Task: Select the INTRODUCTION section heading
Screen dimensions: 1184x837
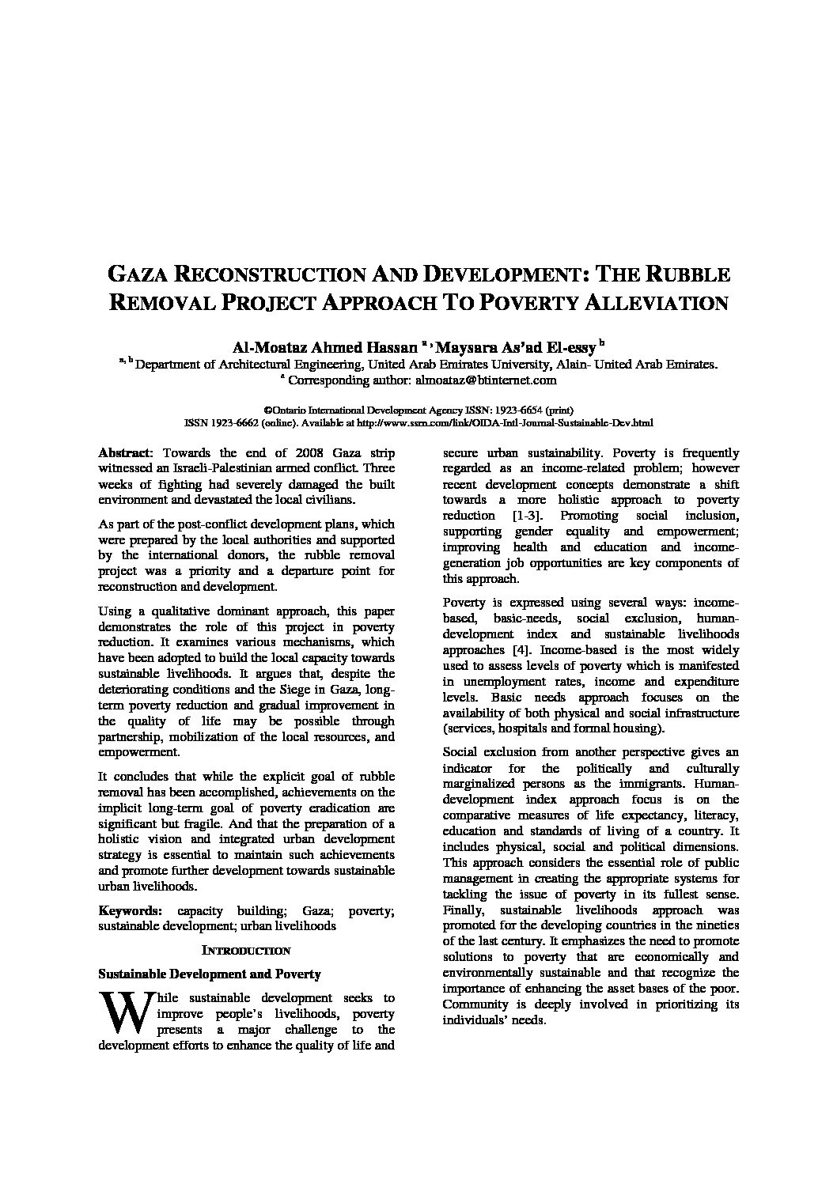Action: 246,951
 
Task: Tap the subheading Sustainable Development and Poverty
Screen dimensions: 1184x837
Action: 208,974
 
